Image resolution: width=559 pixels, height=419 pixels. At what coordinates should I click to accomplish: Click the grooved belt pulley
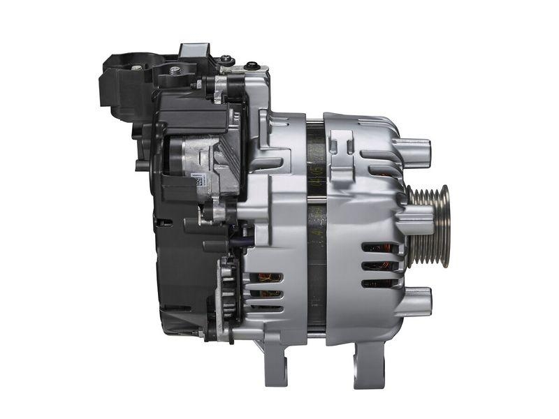(x=429, y=225)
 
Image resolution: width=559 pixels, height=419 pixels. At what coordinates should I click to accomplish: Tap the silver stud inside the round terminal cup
(x=174, y=71)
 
